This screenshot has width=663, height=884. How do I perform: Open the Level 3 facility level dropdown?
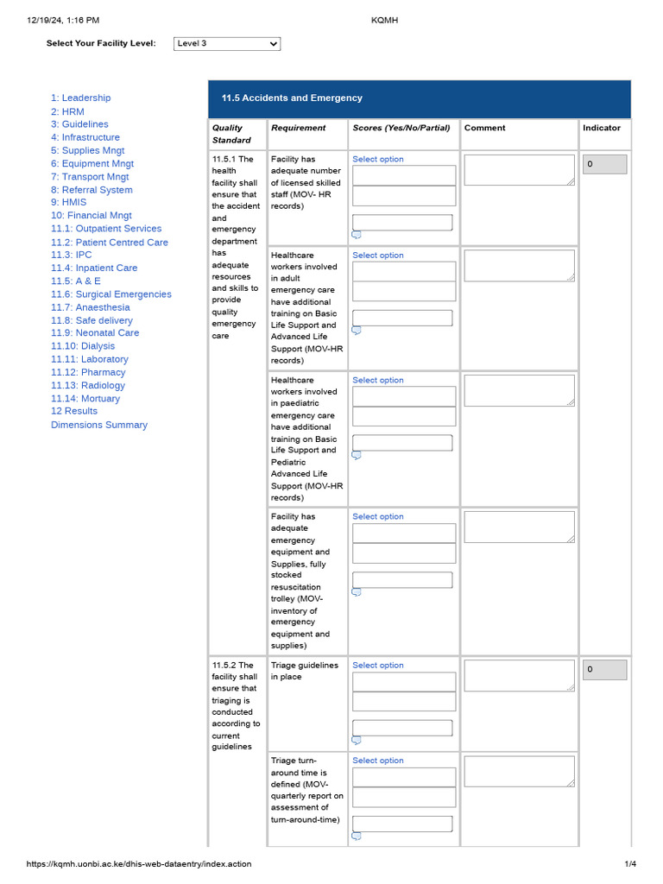227,44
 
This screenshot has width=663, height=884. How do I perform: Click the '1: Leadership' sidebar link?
80,98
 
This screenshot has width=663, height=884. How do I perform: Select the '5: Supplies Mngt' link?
87,150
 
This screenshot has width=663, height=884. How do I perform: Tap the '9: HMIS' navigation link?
68,202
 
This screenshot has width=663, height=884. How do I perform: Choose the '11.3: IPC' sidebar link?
71,255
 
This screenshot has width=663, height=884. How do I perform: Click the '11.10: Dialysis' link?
82,346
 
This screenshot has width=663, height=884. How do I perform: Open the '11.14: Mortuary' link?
85,399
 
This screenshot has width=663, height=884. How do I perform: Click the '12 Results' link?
73,411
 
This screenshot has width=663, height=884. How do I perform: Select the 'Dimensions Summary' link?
98,425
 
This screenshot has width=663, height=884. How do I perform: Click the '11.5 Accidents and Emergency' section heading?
292,98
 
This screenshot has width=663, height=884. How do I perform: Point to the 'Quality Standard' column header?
231,134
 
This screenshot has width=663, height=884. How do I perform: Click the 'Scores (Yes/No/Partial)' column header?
401,128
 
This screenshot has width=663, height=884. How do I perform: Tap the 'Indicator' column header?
601,128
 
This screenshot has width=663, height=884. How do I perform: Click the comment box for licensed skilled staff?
519,170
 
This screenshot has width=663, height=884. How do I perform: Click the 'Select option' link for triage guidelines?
377,666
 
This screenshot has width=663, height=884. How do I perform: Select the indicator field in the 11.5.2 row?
604,670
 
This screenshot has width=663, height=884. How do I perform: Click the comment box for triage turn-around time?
519,771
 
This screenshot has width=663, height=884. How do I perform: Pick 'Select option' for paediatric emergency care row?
377,380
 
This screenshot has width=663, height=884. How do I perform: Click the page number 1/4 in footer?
630,864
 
